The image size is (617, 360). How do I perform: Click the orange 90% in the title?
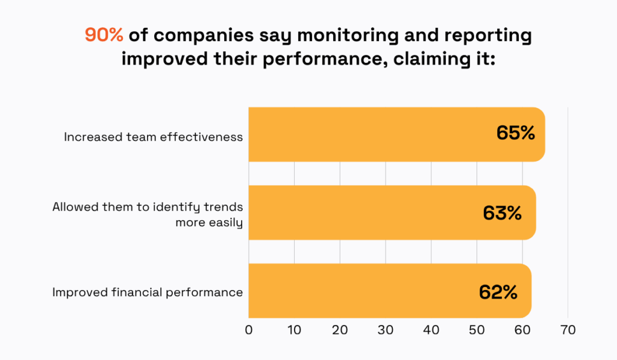tap(104, 36)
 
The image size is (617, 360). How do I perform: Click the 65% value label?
tap(516, 133)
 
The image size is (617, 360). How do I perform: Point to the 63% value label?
tap(502, 213)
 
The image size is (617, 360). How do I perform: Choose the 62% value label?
tap(498, 292)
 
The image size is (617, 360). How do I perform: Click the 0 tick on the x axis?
tap(249, 330)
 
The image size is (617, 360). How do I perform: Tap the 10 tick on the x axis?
tap(294, 330)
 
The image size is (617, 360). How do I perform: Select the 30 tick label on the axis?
tap(386, 330)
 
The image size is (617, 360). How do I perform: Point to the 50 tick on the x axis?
tap(477, 330)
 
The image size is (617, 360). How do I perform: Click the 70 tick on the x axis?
tap(568, 330)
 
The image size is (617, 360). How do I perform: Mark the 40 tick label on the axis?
tap(431, 330)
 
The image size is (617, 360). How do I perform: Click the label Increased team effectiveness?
tap(153, 137)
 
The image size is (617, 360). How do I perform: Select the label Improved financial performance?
tap(147, 292)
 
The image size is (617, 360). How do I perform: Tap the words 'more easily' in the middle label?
tap(208, 223)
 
